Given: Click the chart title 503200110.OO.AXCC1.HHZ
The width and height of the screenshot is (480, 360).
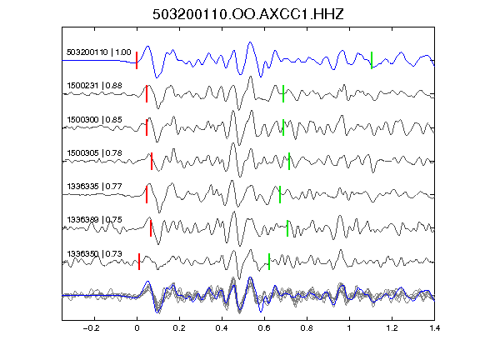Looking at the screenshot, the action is pos(248,14).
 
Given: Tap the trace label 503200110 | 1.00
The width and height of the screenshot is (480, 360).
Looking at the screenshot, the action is pos(99,52).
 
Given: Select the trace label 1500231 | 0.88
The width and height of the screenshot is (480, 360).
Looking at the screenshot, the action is pos(94,86).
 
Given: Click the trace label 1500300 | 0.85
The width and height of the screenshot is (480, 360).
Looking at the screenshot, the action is pos(94,119).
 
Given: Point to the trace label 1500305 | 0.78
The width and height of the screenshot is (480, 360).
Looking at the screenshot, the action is pos(94,153).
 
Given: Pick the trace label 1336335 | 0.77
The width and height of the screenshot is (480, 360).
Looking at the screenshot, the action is pos(94,187).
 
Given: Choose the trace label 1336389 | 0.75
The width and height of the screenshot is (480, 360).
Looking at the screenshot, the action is pos(94,220).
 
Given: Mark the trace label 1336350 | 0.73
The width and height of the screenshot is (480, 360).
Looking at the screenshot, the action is pos(94,254).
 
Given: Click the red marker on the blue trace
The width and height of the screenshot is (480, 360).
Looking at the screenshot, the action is pos(137,60).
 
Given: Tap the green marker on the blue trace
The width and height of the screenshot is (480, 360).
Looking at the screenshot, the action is pos(372,60).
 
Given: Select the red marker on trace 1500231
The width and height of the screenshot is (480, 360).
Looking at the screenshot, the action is pos(147,93).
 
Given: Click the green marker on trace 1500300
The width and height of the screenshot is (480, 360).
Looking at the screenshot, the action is pos(283,127).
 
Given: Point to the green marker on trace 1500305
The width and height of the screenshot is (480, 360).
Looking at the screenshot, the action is pos(289,161).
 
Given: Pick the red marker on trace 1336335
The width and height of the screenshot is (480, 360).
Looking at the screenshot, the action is pos(147,194).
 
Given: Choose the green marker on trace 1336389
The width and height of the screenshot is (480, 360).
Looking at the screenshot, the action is pos(287,228).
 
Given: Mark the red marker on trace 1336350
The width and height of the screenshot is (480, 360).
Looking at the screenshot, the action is pos(139,262).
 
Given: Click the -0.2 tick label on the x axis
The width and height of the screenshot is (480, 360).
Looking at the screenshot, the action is pos(92,328).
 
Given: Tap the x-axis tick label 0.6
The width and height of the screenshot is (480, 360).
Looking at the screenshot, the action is pos(264,328).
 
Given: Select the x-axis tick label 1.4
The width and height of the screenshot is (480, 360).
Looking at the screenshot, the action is pos(435,328).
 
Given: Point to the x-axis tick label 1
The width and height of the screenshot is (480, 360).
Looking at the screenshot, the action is pos(349,328).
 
